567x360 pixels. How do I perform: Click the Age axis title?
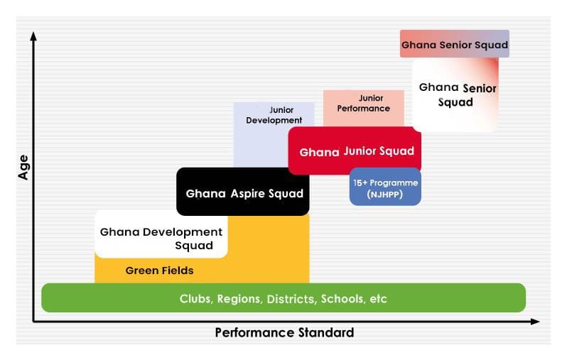(x=23, y=167)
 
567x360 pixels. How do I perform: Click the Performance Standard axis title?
(x=284, y=332)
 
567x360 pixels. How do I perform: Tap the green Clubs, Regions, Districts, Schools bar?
(x=283, y=298)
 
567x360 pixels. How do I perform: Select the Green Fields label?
(x=159, y=271)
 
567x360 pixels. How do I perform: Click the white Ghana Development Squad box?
(x=161, y=238)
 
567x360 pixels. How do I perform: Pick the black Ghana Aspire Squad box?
(x=244, y=192)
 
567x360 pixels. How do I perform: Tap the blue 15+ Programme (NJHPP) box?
(x=385, y=187)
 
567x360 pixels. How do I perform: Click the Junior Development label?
(x=274, y=115)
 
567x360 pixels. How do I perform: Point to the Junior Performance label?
(x=364, y=104)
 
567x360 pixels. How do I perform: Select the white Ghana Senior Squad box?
(x=456, y=94)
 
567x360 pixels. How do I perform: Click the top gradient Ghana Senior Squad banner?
(x=455, y=44)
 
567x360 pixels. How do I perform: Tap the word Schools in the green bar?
(x=342, y=299)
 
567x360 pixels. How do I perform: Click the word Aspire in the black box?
(x=247, y=193)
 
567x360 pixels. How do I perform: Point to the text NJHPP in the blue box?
(x=385, y=194)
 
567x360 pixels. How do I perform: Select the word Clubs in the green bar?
(x=195, y=299)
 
